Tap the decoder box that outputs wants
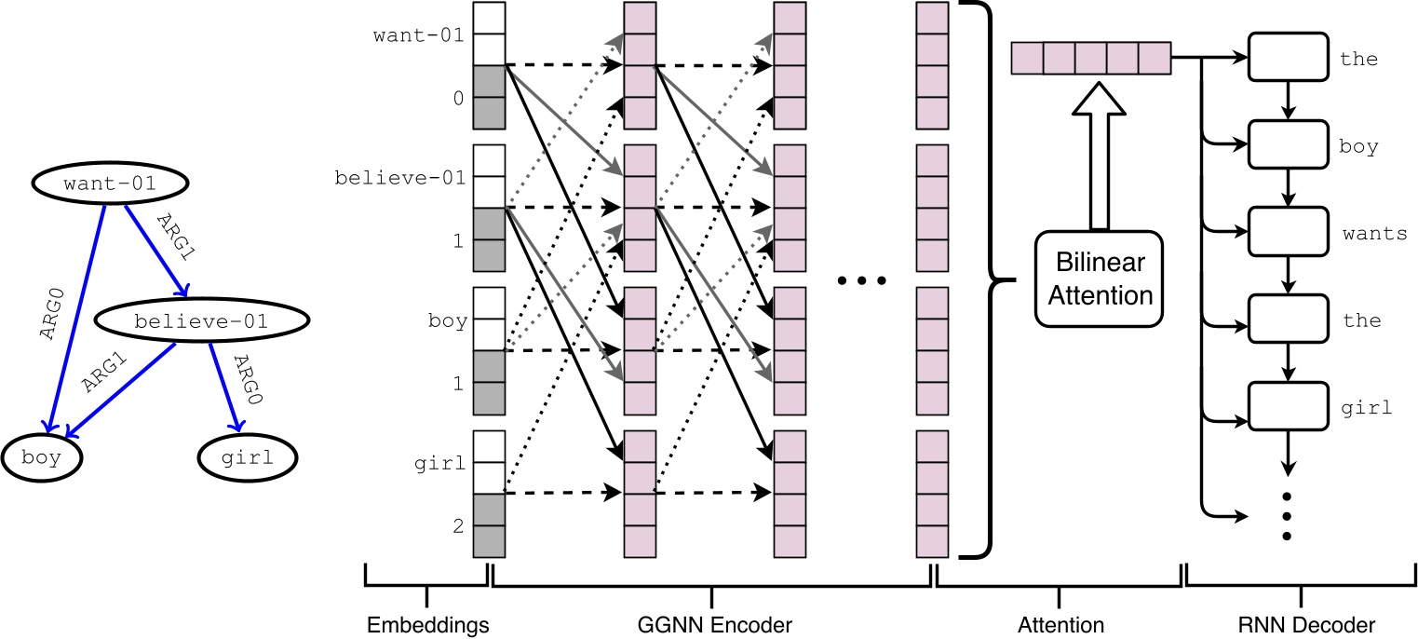pyautogui.click(x=1287, y=233)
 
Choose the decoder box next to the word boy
pyautogui.click(x=1287, y=146)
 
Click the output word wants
pyautogui.click(x=1374, y=234)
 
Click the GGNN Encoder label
pyautogui.click(x=711, y=622)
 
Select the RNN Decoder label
pyautogui.click(x=1301, y=622)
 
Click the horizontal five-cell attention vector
pyautogui.click(x=1090, y=58)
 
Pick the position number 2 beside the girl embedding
pyautogui.click(x=458, y=525)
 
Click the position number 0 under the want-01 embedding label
pyautogui.click(x=458, y=97)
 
